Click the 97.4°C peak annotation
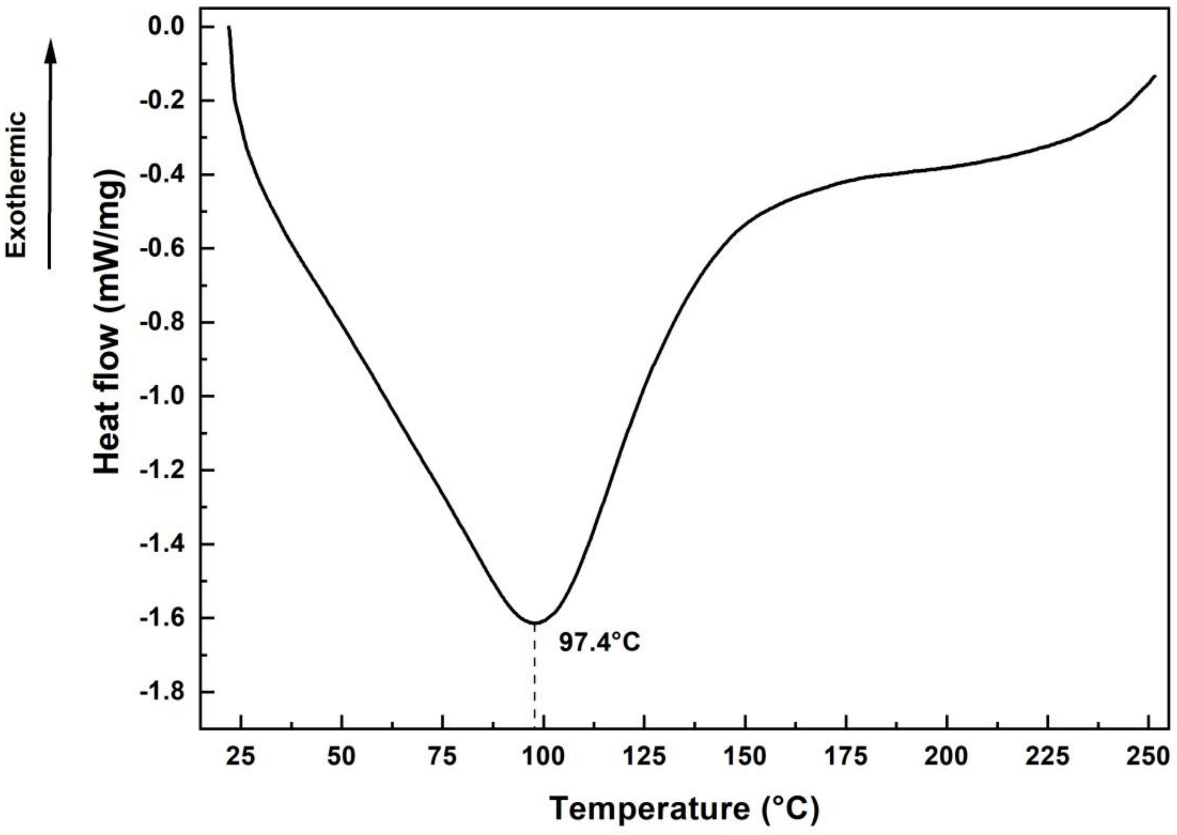600,643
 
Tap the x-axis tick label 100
543,757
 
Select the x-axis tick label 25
241,757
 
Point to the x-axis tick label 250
1148,757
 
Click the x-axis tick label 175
845,757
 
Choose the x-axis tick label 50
341,757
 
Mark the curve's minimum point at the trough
535,623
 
